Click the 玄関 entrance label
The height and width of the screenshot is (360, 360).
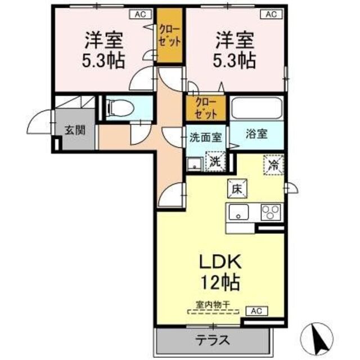tap(74, 130)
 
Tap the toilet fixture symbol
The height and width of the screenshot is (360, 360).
tap(118, 107)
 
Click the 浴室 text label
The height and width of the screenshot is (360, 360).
tap(256, 135)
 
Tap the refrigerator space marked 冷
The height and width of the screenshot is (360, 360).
tap(273, 165)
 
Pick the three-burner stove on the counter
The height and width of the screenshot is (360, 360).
tap(270, 213)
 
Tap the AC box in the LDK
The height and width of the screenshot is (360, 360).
tap(256, 310)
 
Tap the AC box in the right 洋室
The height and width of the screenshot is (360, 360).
tap(271, 15)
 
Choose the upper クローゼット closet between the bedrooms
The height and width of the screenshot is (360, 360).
tap(169, 37)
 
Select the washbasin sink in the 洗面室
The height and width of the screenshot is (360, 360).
tap(195, 164)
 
